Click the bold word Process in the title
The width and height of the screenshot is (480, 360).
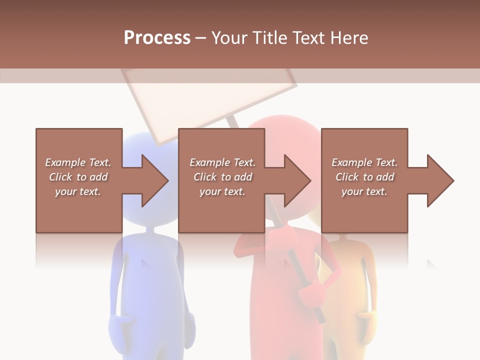point(157,38)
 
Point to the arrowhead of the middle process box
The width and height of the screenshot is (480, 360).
point(297,180)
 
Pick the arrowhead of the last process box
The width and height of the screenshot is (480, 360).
point(440,180)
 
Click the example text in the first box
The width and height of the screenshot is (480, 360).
point(78,177)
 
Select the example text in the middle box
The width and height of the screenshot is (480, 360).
point(222,177)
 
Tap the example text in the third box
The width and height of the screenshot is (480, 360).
point(364,177)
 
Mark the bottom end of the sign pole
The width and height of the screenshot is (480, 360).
point(320,318)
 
